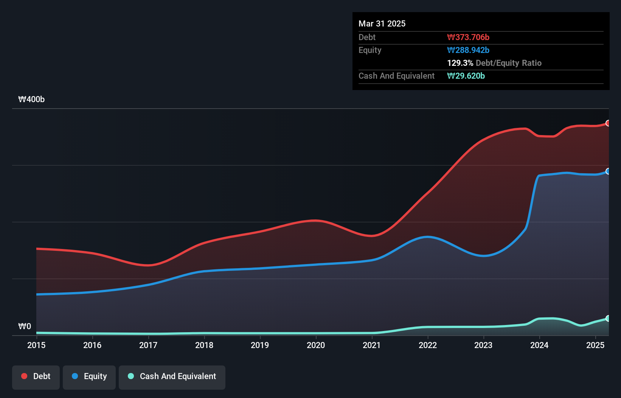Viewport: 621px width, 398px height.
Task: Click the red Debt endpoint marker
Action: (x=608, y=123)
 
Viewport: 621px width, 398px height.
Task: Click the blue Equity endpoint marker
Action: (x=608, y=171)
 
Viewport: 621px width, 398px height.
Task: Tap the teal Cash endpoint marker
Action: (x=608, y=318)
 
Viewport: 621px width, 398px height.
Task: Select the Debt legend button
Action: (x=36, y=376)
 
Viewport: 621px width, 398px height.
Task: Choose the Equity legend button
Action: (x=89, y=376)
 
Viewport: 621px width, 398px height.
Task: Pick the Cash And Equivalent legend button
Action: (x=172, y=376)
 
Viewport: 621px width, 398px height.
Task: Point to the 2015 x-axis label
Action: (x=36, y=345)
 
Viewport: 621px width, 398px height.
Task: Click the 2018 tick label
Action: (x=204, y=345)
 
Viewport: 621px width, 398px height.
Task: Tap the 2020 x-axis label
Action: (x=316, y=345)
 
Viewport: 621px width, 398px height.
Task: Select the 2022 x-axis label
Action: (x=428, y=345)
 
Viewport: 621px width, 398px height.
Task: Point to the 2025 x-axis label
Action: (x=595, y=345)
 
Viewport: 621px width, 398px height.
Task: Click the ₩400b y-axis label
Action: (x=31, y=99)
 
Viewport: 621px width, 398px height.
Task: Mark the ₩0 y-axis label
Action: (x=25, y=326)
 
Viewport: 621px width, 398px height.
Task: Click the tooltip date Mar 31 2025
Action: (x=382, y=24)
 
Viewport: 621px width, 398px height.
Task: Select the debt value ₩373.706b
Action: (x=468, y=37)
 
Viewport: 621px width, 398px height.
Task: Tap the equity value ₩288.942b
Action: (x=468, y=50)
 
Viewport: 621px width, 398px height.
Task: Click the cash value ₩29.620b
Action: (x=466, y=76)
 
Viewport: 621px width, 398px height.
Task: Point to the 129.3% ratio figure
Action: (x=460, y=63)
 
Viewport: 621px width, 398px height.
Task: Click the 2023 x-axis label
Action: (x=483, y=345)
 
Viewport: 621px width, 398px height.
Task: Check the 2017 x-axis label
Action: (x=148, y=345)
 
